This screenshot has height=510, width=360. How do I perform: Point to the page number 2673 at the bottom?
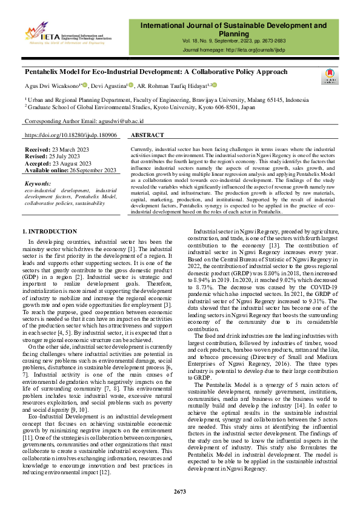pyautogui.click(x=180, y=491)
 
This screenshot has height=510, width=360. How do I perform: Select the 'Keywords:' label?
pyautogui.click(x=38, y=183)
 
